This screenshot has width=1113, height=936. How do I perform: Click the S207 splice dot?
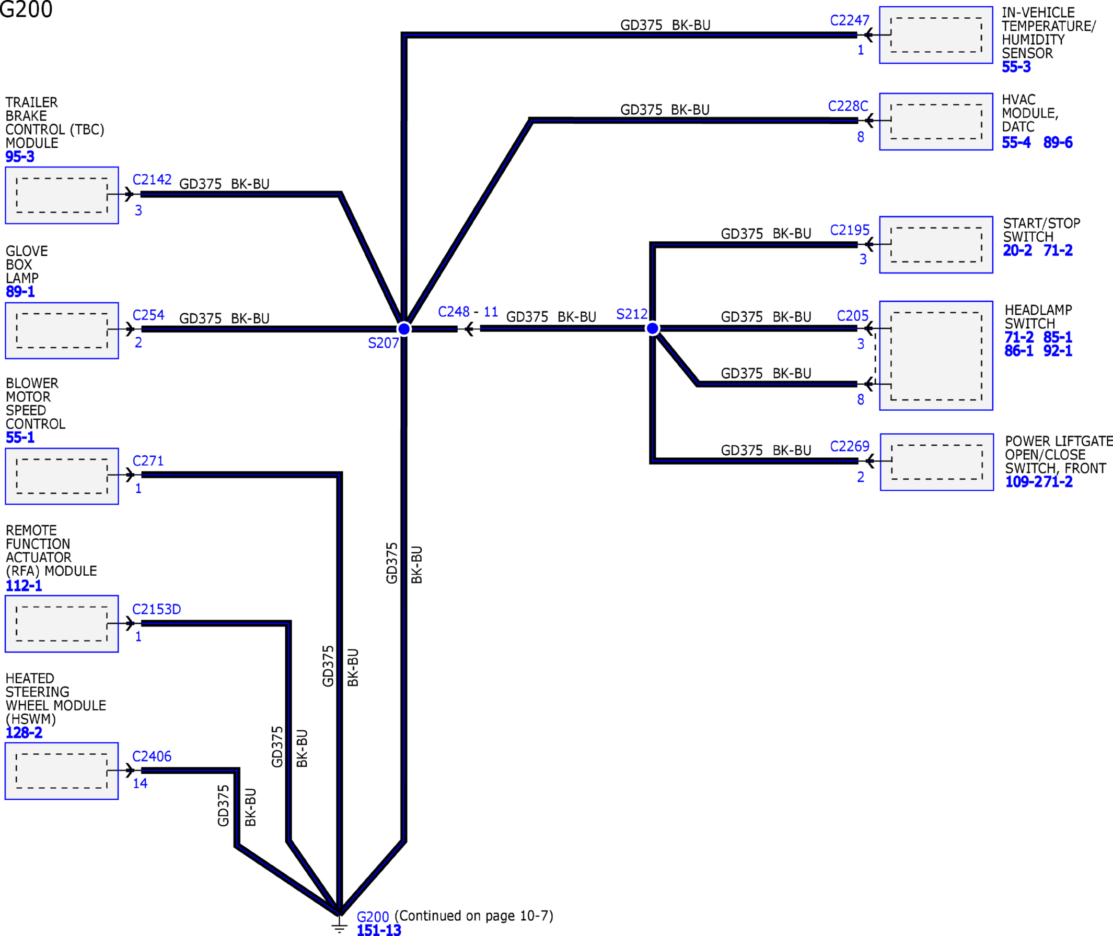click(x=403, y=329)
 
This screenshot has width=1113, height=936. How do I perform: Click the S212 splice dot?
click(x=653, y=328)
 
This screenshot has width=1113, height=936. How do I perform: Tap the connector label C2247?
click(x=850, y=20)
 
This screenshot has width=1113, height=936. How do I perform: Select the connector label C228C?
click(x=848, y=106)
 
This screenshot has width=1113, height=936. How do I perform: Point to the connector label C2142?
click(x=152, y=180)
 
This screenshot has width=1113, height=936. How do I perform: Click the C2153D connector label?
click(x=157, y=609)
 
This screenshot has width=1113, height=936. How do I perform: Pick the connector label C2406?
click(x=152, y=756)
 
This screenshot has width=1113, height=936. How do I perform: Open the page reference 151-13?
click(x=379, y=930)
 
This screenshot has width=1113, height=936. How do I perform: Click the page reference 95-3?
click(x=20, y=157)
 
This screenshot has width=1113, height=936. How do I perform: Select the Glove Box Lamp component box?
click(x=62, y=330)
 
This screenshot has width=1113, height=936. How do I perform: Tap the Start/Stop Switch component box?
click(x=936, y=245)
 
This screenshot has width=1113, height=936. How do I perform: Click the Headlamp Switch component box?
click(x=936, y=356)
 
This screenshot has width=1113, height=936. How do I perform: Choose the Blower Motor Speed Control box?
click(x=62, y=476)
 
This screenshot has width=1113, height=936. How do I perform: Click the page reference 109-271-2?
click(x=1039, y=482)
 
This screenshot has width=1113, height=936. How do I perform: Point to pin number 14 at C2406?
click(x=140, y=783)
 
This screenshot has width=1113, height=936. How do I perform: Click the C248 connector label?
click(x=454, y=312)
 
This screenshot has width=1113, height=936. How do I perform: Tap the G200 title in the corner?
click(x=26, y=9)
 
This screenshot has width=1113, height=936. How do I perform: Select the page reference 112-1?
click(x=24, y=586)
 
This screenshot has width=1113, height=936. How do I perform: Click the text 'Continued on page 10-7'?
click(x=474, y=916)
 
